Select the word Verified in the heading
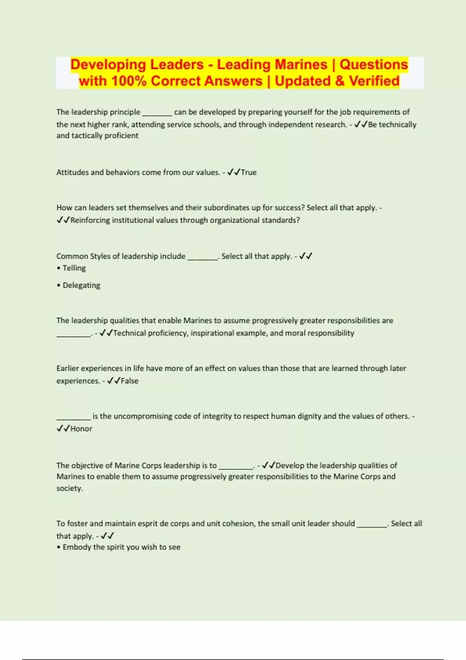(x=374, y=81)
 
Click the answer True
(x=249, y=172)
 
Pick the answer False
(x=129, y=381)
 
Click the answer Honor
(x=81, y=429)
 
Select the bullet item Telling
(x=74, y=268)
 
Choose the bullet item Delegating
(x=81, y=285)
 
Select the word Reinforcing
(x=90, y=220)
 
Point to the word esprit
(x=147, y=523)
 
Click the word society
(x=70, y=488)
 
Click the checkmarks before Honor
(x=63, y=429)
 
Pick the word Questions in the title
(x=374, y=64)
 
